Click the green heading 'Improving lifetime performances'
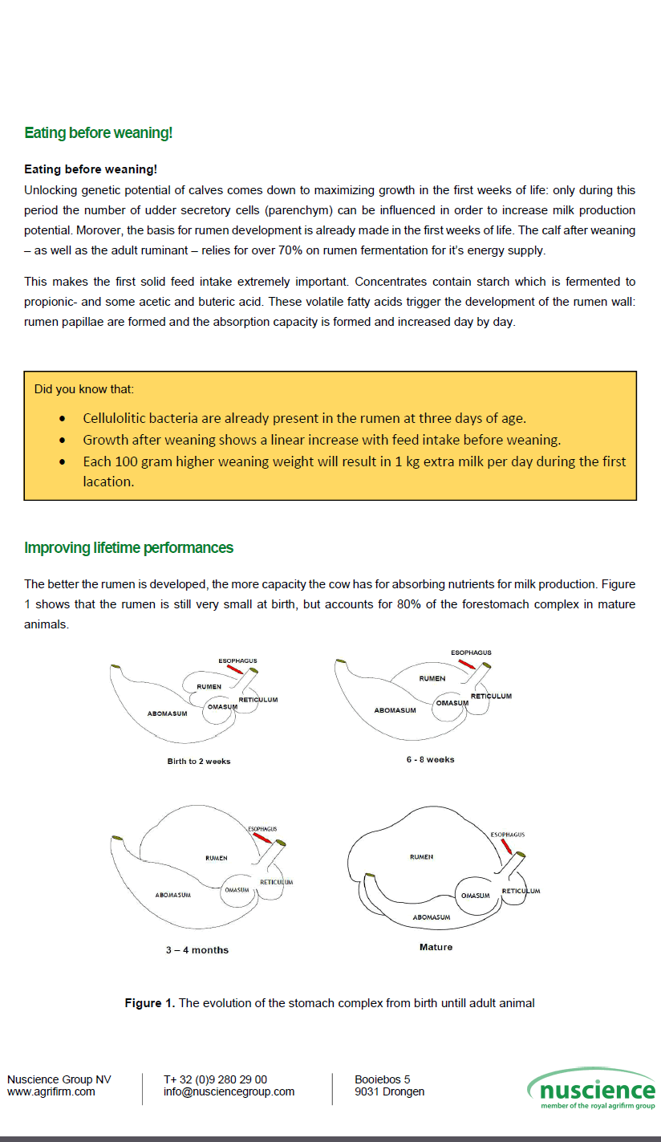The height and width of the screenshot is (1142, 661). [128, 548]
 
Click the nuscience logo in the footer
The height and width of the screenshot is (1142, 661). [591, 1089]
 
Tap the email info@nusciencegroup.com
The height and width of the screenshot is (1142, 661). [229, 1091]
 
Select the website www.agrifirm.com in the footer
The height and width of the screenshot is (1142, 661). [51, 1091]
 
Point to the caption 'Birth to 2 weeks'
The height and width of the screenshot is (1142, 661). [198, 761]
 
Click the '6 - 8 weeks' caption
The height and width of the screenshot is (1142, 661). [430, 759]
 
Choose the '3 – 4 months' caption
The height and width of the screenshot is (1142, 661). [197, 950]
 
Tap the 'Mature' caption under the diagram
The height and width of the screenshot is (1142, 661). [436, 947]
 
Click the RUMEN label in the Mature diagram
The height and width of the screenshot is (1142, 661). [421, 857]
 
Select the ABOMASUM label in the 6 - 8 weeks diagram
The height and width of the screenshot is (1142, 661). [395, 710]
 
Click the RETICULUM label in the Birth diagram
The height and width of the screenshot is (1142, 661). [258, 700]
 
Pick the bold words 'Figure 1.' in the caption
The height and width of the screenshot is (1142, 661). [149, 1003]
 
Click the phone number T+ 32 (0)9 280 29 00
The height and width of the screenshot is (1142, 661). [215, 1079]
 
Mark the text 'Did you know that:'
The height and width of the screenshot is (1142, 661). [84, 389]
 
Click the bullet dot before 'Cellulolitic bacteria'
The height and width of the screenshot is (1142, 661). [63, 419]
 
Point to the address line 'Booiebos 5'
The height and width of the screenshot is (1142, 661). [382, 1079]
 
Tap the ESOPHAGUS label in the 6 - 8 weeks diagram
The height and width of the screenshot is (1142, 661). [471, 653]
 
